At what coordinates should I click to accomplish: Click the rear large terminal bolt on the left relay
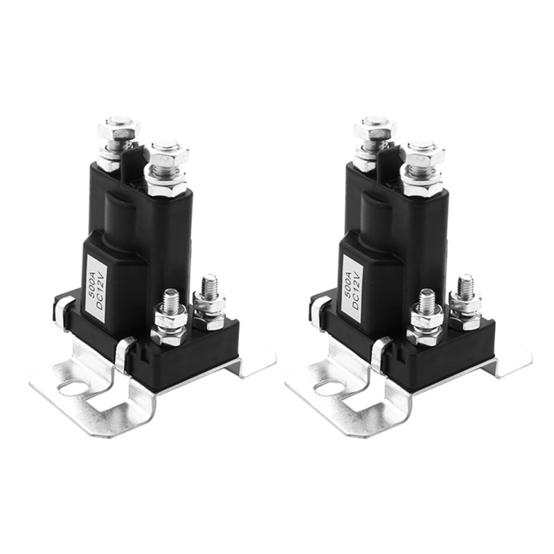coord(118,129)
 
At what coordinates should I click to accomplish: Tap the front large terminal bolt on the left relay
coord(167,154)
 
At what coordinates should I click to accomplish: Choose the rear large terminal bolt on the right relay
coord(375,129)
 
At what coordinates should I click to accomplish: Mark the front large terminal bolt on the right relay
coord(423,154)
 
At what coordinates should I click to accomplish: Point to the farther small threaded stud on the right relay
coord(465,287)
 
